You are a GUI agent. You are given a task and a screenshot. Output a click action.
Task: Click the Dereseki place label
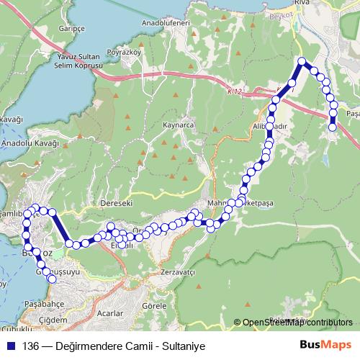(x=118, y=204)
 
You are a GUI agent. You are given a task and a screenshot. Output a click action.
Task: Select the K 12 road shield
(x=231, y=91)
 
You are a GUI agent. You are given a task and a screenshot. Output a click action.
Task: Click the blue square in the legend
(x=11, y=345)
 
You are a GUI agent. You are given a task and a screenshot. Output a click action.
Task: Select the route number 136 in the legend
(x=31, y=345)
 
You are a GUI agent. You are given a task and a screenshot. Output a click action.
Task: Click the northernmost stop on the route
(x=302, y=62)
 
